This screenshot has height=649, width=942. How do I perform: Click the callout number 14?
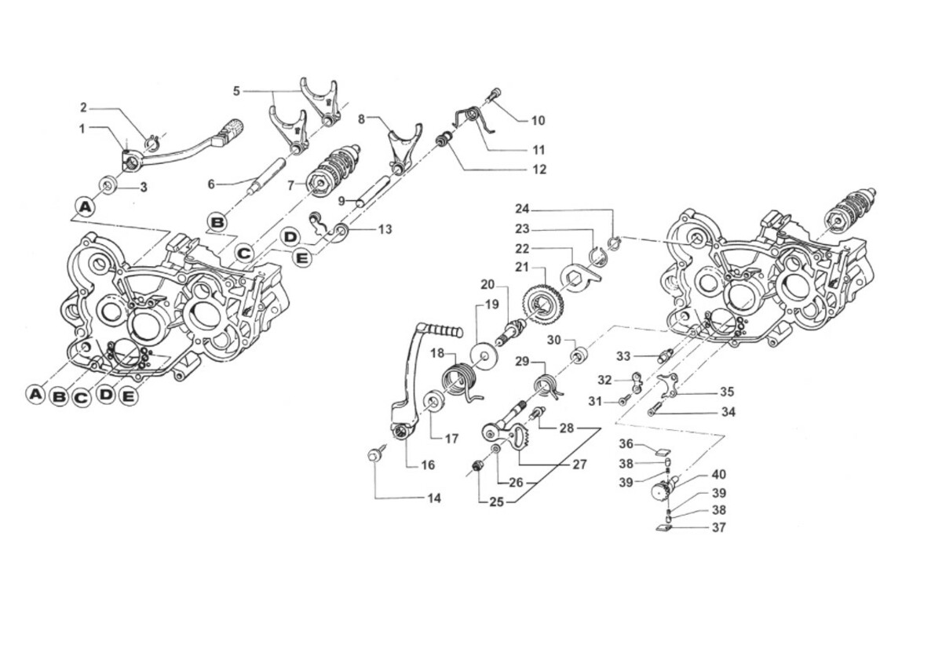pos(434,498)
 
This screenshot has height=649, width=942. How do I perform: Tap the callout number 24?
pos(523,209)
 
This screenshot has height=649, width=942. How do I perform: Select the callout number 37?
pos(718,528)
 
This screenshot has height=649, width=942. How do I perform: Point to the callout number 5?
pos(236,91)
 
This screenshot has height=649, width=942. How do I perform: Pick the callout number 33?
pos(623,356)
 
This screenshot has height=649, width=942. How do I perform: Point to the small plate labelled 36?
pos(661,452)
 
